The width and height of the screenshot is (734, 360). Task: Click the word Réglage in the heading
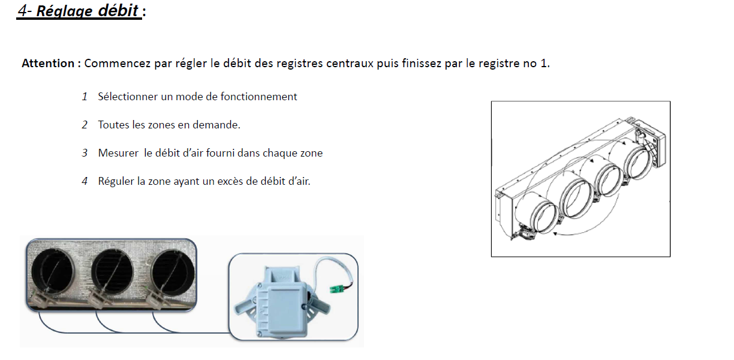tap(64, 11)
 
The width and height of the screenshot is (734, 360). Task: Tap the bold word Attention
tap(48, 63)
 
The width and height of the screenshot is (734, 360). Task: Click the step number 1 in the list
tap(85, 97)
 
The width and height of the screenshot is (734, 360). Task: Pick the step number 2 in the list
tap(85, 125)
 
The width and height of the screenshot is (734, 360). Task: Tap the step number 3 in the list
tap(85, 153)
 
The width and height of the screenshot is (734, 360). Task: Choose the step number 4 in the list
tap(85, 181)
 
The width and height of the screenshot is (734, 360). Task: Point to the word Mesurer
tap(118, 153)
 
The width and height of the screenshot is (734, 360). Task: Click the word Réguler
tap(116, 181)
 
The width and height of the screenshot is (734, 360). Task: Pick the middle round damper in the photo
tap(112, 272)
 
